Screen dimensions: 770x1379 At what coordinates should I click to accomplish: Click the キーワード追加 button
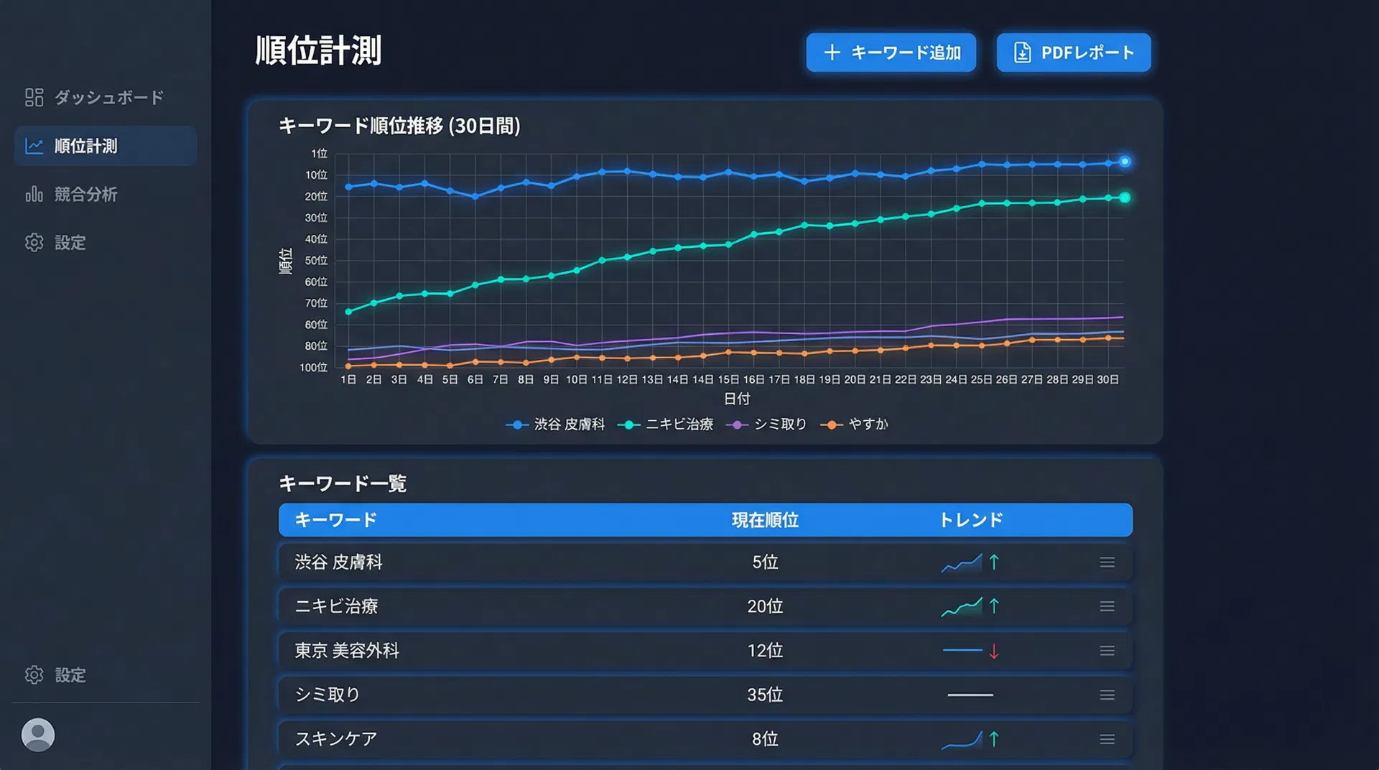pyautogui.click(x=891, y=52)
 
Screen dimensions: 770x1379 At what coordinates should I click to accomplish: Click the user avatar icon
pyautogui.click(x=38, y=735)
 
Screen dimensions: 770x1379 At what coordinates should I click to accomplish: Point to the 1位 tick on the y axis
pyautogui.click(x=319, y=154)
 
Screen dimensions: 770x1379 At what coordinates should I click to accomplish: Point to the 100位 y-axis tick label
pyautogui.click(x=313, y=368)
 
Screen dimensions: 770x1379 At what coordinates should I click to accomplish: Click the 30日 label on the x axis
pyautogui.click(x=1108, y=379)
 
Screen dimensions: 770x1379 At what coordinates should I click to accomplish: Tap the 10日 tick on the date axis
pyautogui.click(x=576, y=379)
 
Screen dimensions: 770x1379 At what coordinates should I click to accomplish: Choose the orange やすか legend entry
pyautogui.click(x=855, y=425)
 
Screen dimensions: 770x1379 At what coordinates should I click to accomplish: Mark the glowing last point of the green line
pyautogui.click(x=1125, y=198)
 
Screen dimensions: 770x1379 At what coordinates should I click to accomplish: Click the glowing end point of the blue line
pyautogui.click(x=1125, y=162)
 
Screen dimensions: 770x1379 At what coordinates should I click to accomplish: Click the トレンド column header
pyautogui.click(x=971, y=520)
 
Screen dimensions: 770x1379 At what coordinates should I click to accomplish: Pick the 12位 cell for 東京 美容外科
pyautogui.click(x=765, y=651)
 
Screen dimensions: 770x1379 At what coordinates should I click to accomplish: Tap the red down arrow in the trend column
pyautogui.click(x=994, y=651)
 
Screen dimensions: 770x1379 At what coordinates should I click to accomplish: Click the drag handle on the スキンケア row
pyautogui.click(x=1107, y=739)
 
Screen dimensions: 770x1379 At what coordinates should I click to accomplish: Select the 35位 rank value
pyautogui.click(x=765, y=695)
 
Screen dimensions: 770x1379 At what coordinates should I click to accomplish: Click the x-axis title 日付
pyautogui.click(x=737, y=399)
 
